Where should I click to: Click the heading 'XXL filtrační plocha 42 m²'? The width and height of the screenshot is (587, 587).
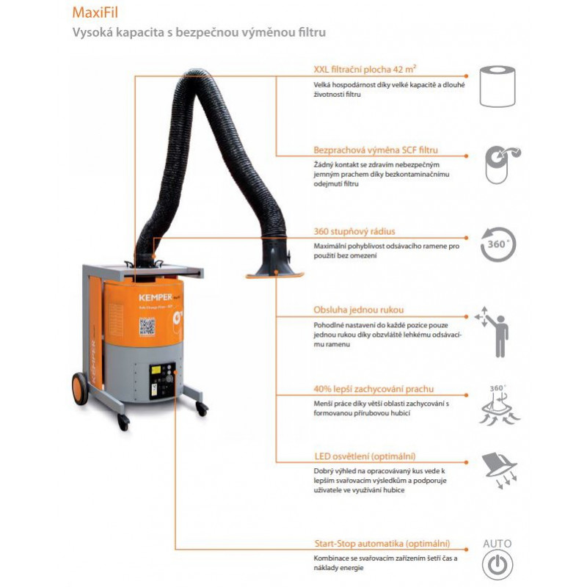click(365, 70)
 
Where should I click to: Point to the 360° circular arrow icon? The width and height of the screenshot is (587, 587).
click(499, 244)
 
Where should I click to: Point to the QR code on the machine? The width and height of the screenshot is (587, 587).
click(147, 327)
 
